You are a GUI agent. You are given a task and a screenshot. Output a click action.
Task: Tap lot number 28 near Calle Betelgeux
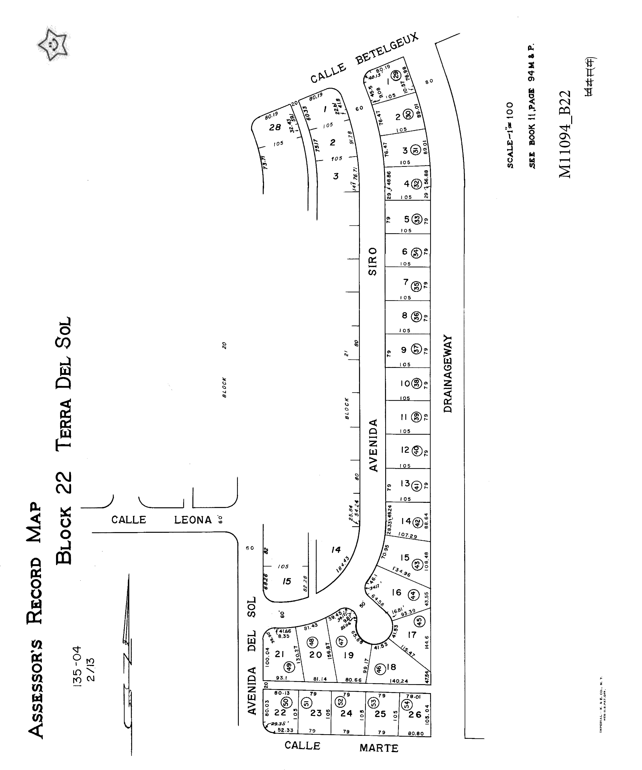[x=275, y=127]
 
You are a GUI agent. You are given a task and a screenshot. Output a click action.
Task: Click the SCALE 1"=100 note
[x=510, y=135]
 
